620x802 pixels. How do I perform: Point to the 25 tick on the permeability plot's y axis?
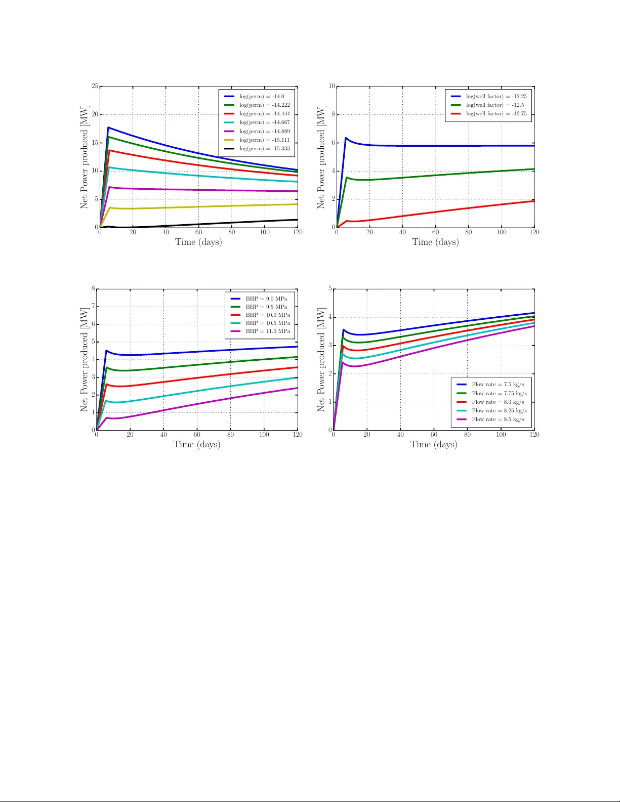pos(95,86)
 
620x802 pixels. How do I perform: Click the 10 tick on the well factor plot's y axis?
pos(332,86)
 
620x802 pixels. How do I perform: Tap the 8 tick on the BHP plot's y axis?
pos(93,288)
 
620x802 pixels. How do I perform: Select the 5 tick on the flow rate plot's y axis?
pos(330,288)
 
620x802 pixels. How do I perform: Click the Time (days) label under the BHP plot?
pos(197,444)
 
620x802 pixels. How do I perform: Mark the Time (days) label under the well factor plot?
pos(435,242)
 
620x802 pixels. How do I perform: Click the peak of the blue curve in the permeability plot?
pos(108,128)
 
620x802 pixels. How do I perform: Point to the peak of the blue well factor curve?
pos(346,138)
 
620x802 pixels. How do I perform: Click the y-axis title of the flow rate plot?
pos(321,359)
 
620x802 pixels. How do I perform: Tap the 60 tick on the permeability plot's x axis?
pos(198,232)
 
